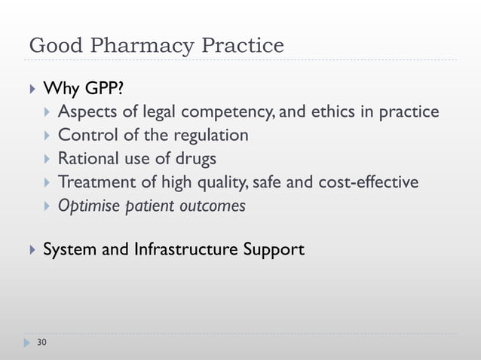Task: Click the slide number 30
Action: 41,343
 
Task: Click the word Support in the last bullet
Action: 274,249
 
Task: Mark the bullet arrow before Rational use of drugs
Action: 47,160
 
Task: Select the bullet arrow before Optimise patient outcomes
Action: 47,206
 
